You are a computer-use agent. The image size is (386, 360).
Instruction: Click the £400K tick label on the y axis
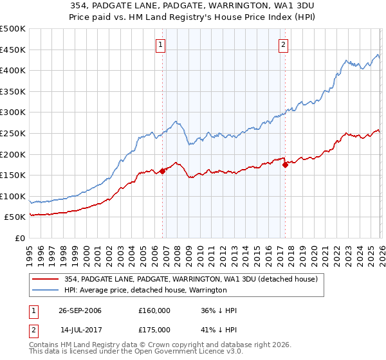click(13, 70)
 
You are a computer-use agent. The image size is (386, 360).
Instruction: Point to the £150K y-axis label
click(13, 175)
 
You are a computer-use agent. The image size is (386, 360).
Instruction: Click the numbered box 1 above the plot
click(160, 44)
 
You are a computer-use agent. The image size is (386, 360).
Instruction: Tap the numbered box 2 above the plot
click(283, 44)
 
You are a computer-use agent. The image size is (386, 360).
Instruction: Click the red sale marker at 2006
click(163, 171)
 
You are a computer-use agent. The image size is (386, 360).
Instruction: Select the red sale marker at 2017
click(285, 165)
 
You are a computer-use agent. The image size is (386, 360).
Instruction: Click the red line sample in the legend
click(46, 279)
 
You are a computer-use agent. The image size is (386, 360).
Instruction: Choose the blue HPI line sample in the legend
click(46, 290)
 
